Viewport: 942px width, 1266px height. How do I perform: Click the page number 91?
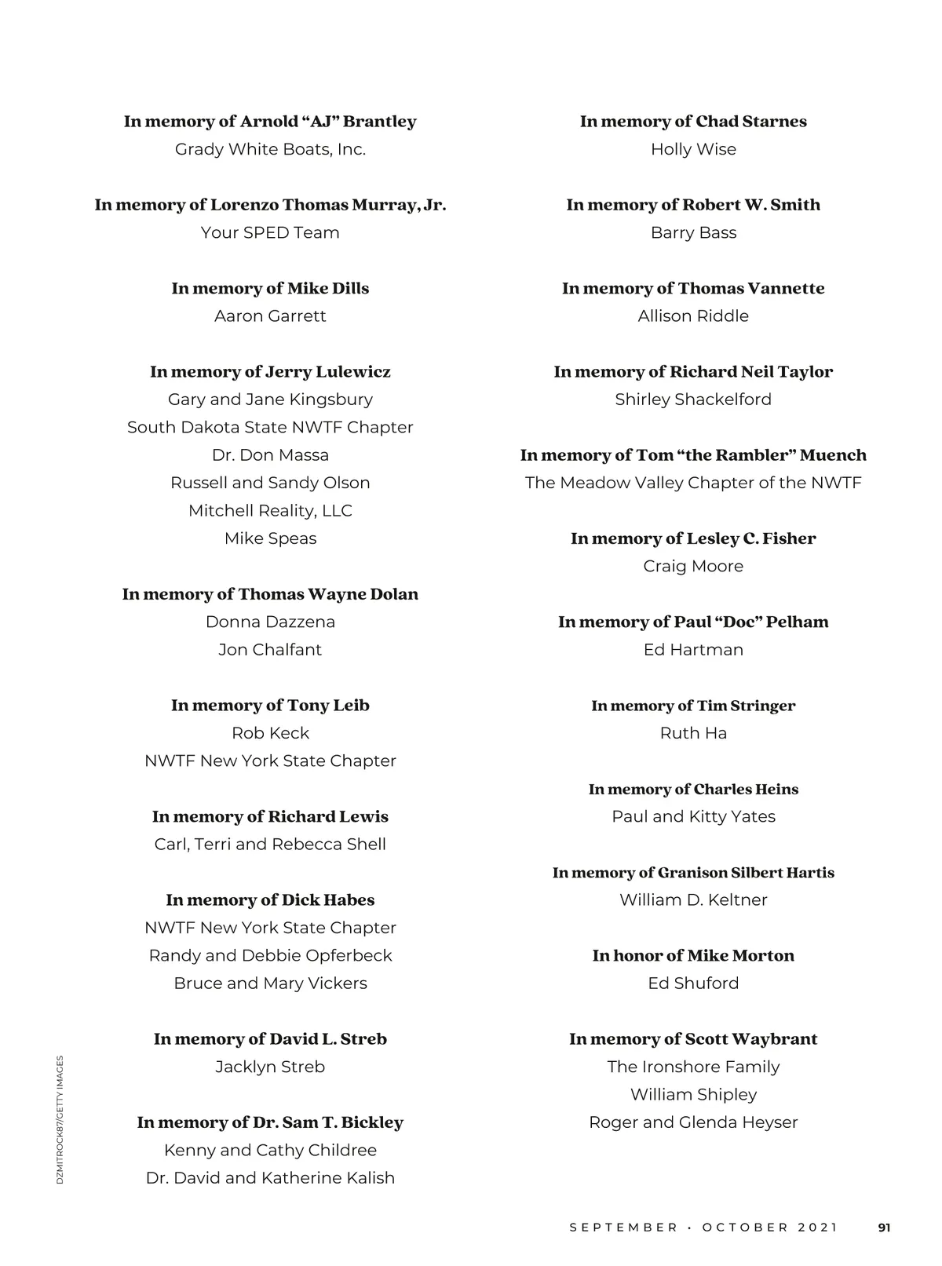click(x=884, y=1228)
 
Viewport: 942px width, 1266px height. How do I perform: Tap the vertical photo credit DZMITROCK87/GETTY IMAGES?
click(x=60, y=1120)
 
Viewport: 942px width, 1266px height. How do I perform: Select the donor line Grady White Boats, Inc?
click(x=270, y=149)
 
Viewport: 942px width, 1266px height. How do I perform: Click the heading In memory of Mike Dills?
click(x=270, y=288)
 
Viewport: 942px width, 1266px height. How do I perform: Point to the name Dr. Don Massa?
click(x=270, y=455)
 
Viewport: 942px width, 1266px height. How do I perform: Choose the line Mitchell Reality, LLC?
click(x=270, y=511)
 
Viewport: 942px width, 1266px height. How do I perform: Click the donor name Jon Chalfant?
click(x=270, y=650)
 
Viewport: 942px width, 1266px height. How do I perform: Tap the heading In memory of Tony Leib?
click(x=270, y=706)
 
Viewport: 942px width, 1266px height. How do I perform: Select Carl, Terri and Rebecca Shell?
click(x=270, y=845)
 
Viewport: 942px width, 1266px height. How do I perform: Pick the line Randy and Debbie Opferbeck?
click(x=270, y=956)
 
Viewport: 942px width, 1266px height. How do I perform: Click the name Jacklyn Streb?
click(x=270, y=1067)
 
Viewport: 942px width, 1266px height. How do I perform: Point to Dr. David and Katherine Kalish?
click(x=270, y=1178)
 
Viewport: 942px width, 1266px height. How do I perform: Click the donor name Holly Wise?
click(x=693, y=149)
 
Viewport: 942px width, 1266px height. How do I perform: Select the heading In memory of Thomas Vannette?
click(x=693, y=288)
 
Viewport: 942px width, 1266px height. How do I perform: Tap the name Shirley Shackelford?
click(x=693, y=400)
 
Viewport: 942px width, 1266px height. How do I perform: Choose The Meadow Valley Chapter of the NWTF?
click(x=693, y=483)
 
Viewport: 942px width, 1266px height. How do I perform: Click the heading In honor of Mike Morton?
click(x=693, y=956)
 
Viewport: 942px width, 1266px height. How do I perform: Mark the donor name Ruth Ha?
click(x=693, y=733)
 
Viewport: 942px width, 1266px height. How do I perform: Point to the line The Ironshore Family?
click(x=693, y=1067)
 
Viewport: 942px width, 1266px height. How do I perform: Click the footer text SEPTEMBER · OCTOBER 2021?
click(x=703, y=1228)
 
